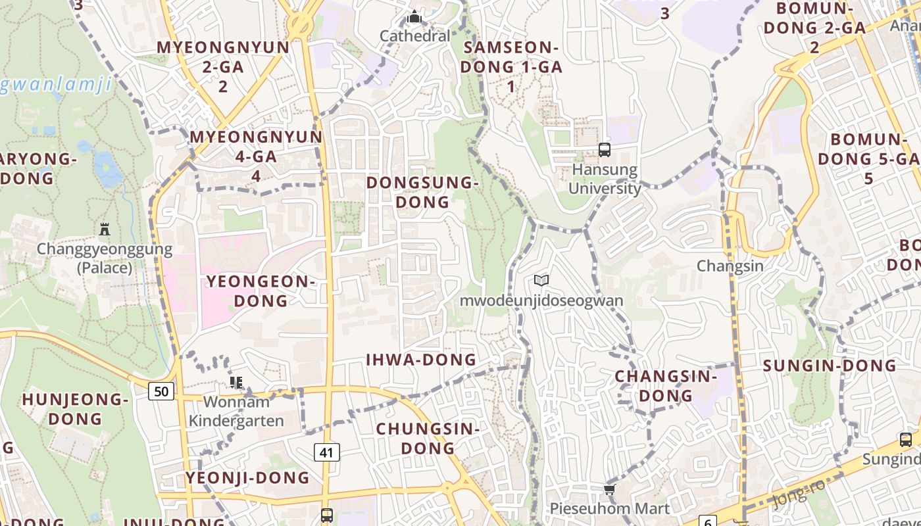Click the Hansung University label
[x=605, y=179]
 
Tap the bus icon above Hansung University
[x=605, y=150]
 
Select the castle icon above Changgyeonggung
[x=105, y=229]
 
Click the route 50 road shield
[x=161, y=392]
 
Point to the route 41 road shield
[x=327, y=452]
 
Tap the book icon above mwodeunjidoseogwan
[x=541, y=281]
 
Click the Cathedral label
[x=415, y=36]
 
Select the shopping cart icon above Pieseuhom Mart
[x=609, y=489]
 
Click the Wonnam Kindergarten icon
[x=236, y=382]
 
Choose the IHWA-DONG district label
[x=421, y=360]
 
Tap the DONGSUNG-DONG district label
[x=421, y=192]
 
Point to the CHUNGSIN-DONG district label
[x=428, y=439]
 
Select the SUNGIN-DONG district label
[x=830, y=366]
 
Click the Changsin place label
[x=730, y=266]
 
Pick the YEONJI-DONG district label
[x=247, y=478]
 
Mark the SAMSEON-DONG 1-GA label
[x=511, y=66]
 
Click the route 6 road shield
[x=708, y=521]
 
